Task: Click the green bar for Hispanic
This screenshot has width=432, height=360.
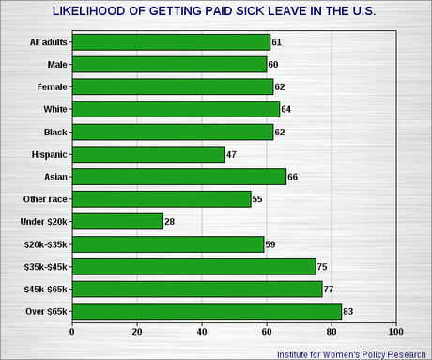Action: pyautogui.click(x=148, y=154)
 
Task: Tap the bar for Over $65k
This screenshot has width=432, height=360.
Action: pyautogui.click(x=207, y=311)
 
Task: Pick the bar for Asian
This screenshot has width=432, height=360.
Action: pyautogui.click(x=178, y=177)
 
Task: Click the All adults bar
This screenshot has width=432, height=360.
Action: pyautogui.click(x=171, y=42)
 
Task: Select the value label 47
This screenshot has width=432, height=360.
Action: pyautogui.click(x=233, y=154)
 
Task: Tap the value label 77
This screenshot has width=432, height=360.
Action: pyautogui.click(x=330, y=289)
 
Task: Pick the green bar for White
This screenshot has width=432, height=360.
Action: pyautogui.click(x=176, y=109)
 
